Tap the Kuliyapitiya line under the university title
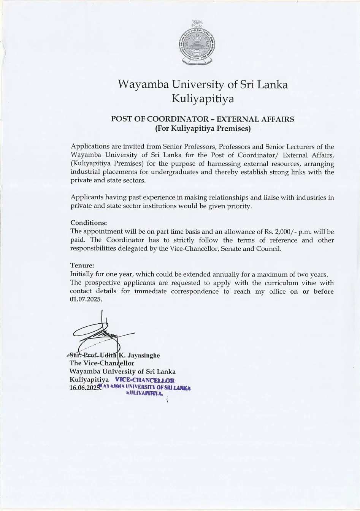(203, 99)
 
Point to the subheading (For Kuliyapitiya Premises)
(203, 128)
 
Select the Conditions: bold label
(89, 223)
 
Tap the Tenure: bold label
(82, 265)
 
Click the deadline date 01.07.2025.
(86, 299)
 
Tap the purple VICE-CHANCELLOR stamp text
(145, 380)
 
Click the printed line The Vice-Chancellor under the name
(102, 363)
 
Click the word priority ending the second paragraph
(239, 206)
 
